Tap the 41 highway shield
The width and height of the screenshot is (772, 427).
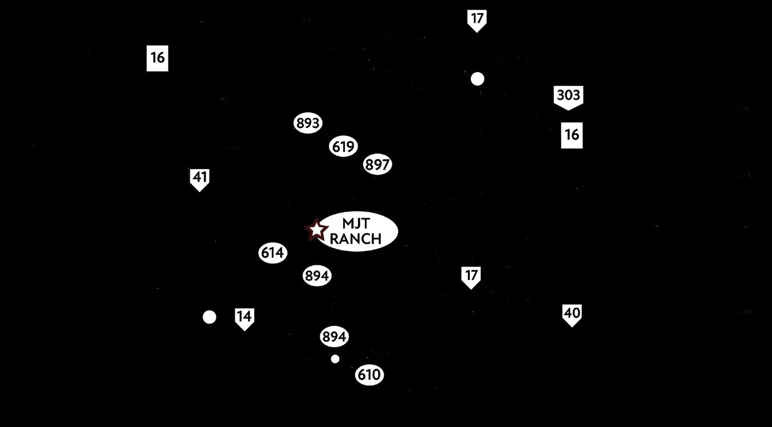(x=199, y=178)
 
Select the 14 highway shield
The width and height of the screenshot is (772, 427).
(x=244, y=318)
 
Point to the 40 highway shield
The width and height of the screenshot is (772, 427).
(x=572, y=314)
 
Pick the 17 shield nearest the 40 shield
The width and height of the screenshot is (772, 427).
(x=471, y=276)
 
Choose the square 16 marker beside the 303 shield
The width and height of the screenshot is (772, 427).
(x=572, y=134)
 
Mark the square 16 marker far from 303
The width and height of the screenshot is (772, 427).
(x=158, y=58)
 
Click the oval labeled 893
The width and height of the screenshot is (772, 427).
(x=308, y=123)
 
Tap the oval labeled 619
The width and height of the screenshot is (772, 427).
(x=344, y=146)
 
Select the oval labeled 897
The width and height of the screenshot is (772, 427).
(x=377, y=165)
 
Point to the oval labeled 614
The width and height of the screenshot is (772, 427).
(x=272, y=253)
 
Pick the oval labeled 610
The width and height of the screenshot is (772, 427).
(x=369, y=376)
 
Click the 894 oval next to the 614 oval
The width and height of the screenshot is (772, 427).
(x=317, y=276)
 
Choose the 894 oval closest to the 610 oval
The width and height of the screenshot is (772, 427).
(x=335, y=337)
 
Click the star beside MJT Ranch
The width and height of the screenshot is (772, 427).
(x=316, y=230)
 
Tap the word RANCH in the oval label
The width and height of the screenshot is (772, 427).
(x=355, y=239)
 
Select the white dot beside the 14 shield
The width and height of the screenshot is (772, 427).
(x=210, y=317)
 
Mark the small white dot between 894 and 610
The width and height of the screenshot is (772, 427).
(x=335, y=359)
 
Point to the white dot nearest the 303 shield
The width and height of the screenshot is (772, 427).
(x=477, y=79)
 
